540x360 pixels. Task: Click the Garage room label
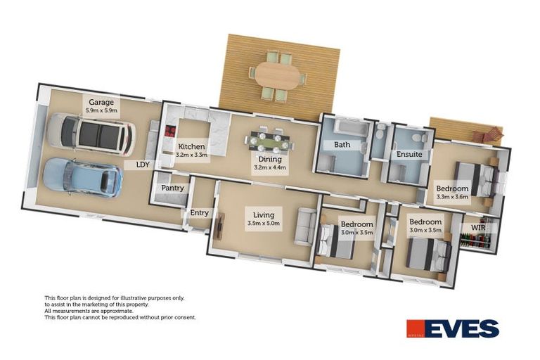pos(101,103)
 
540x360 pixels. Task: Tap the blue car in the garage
pos(83,177)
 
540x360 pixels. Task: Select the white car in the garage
pos(90,135)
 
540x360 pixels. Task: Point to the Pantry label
pos(172,188)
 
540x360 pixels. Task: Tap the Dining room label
pos(269,160)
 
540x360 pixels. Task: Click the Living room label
pos(264,215)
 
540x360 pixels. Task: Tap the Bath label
pos(342,146)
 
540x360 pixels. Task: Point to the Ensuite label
pos(409,154)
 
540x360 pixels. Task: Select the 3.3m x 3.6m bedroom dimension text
pos(452,198)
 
